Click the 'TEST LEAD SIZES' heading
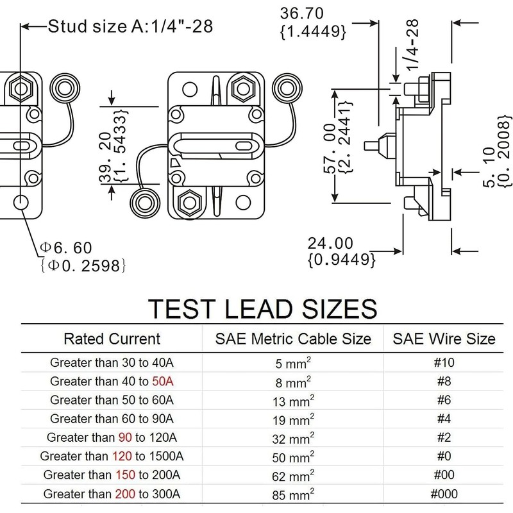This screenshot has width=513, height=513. coord(262,308)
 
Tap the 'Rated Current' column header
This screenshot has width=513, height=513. coord(112,339)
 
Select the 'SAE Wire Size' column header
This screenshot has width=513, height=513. coord(444,339)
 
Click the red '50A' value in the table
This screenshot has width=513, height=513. coord(163,381)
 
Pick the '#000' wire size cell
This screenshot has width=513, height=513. coord(444,494)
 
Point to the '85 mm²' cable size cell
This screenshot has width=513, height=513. coord(293,494)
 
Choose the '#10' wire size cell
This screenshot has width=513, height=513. coord(444,362)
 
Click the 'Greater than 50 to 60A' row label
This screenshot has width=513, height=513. coord(112,399)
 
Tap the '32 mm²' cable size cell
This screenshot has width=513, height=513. coord(293,438)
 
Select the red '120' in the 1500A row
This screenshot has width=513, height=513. coord(122,456)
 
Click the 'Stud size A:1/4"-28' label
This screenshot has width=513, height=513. coord(130,26)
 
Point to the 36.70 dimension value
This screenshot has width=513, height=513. coord(301,13)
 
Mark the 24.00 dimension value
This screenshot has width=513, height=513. coord(330,244)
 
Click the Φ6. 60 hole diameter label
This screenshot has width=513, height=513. coord(66,248)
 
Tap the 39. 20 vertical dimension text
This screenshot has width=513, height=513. coord(105,157)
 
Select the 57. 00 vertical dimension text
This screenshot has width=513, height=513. coord(330,148)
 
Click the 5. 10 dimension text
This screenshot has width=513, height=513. coord(490,167)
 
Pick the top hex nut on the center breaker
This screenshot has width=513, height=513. coord(243,88)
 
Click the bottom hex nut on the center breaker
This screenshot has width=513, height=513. coord(190,203)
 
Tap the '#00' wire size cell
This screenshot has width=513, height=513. coord(444,475)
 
